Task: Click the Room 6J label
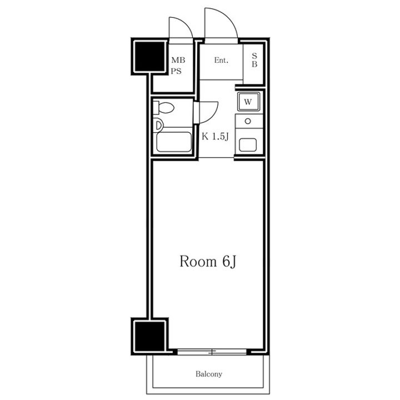(x=208, y=262)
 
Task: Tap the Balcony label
(x=209, y=374)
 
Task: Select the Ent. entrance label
(x=221, y=60)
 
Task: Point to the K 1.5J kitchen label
(x=215, y=137)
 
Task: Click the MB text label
(x=178, y=60)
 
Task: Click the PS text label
(x=176, y=71)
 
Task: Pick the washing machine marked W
(x=248, y=102)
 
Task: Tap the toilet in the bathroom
(x=164, y=108)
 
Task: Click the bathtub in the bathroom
(x=174, y=142)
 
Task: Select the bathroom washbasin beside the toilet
(x=158, y=125)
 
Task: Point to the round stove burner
(x=248, y=121)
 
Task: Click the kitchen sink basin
(x=248, y=144)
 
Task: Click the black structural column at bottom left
(x=149, y=336)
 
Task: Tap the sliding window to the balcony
(x=212, y=352)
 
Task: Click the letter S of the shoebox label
(x=254, y=56)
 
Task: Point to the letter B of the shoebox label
(x=254, y=64)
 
